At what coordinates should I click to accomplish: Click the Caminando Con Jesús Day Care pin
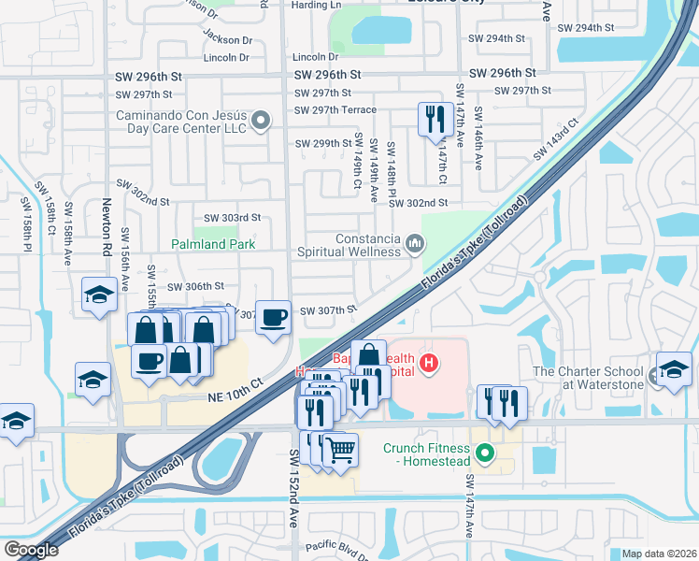coord(262,120)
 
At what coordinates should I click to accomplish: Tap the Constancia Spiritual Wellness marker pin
coord(415,245)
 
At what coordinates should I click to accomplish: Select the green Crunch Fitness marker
coord(484,454)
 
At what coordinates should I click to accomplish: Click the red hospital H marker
coord(429,363)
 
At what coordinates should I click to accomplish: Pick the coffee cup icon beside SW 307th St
coord(273,317)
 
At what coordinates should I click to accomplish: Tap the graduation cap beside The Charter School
coord(674,368)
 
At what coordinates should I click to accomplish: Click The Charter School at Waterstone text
coord(589,378)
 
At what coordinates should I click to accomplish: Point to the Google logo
coord(31,549)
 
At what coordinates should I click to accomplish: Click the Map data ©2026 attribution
coord(658,554)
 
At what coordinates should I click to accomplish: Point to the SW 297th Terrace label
coord(335,110)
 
